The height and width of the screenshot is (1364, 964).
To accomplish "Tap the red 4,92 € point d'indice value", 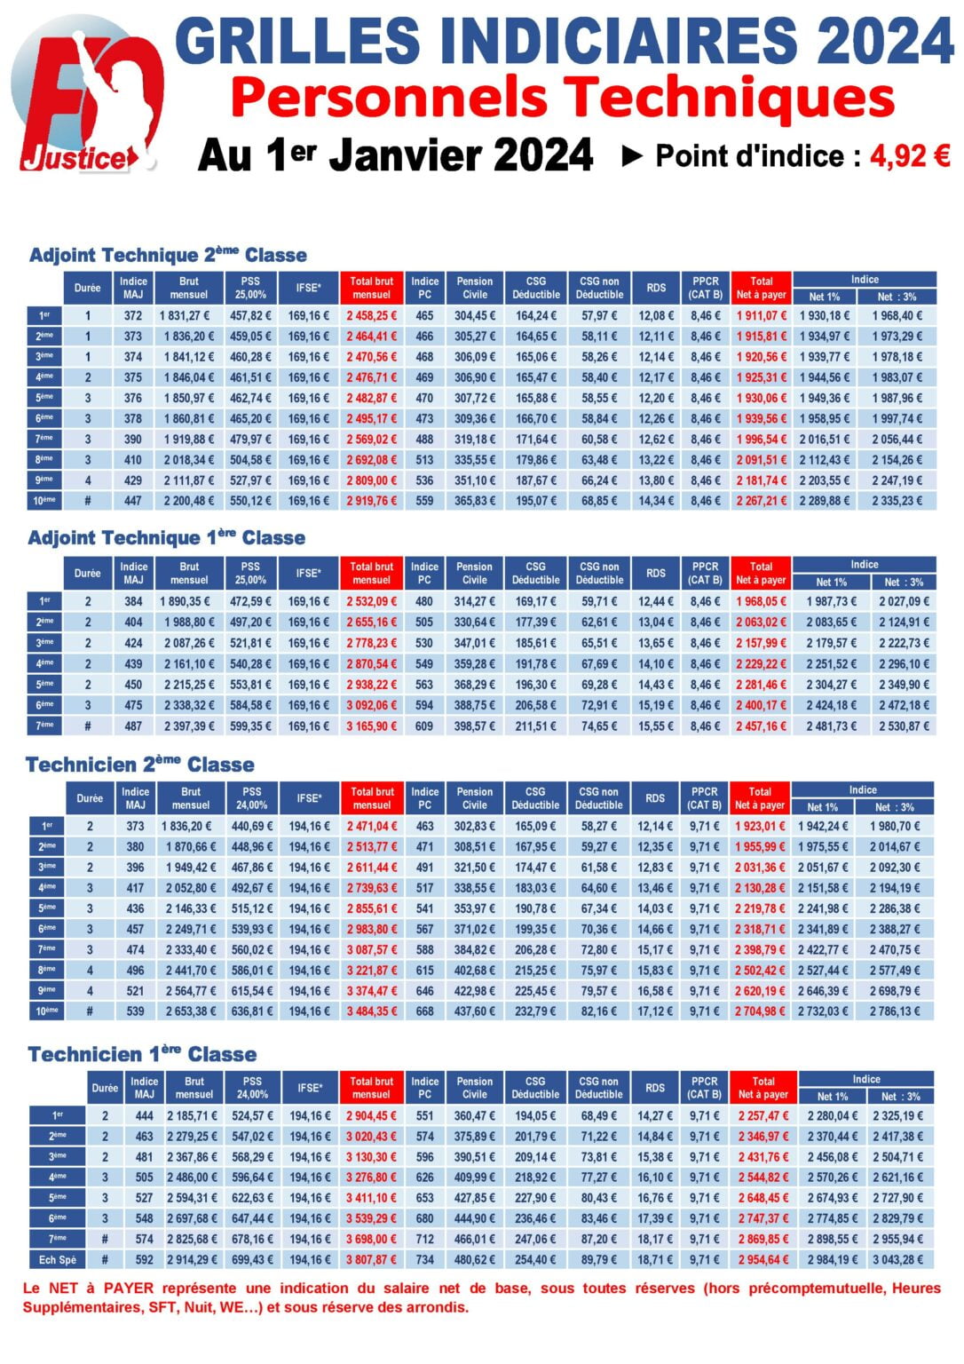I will pyautogui.click(x=910, y=156).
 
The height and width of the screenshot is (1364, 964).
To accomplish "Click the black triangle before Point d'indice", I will pyautogui.click(x=632, y=156).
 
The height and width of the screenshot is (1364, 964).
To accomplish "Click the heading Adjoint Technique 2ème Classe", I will pyautogui.click(x=168, y=255).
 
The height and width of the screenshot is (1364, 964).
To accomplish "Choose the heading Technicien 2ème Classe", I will pyautogui.click(x=139, y=765).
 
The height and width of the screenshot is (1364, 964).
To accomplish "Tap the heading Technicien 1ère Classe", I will pyautogui.click(x=142, y=1054).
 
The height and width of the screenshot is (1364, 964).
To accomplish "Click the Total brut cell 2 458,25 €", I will pyautogui.click(x=371, y=315).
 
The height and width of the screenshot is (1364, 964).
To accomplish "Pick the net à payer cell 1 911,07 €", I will pyautogui.click(x=761, y=315).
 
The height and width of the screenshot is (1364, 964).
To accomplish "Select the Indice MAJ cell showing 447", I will pyautogui.click(x=133, y=501).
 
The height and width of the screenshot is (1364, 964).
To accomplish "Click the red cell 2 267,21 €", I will pyautogui.click(x=761, y=501).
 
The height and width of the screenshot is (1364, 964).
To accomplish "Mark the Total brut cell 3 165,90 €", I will pyautogui.click(x=371, y=726).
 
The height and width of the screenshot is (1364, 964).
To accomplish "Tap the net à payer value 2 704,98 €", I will pyautogui.click(x=760, y=1011).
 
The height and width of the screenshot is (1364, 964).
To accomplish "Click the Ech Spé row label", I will pyautogui.click(x=58, y=1260).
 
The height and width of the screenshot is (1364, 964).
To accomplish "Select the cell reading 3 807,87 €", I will pyautogui.click(x=371, y=1260).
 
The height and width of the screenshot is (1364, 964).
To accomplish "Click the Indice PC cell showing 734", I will pyautogui.click(x=424, y=1260).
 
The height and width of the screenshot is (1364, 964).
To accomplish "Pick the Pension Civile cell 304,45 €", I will pyautogui.click(x=475, y=315).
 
